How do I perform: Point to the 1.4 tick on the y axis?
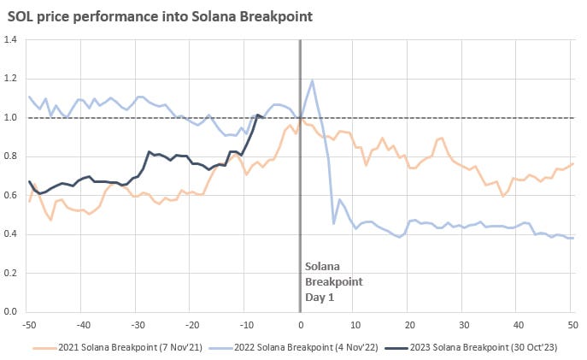11,40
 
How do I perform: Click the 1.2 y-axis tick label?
11,79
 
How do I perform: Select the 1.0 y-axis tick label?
11,118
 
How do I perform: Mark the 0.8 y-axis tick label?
11,156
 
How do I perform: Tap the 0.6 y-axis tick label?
11,195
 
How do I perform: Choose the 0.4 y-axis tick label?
11,234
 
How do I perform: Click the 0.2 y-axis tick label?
11,273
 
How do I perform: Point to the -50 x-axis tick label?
28,324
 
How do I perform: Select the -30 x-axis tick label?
138,324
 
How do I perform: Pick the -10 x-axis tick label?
245,324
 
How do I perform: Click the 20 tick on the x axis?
408,324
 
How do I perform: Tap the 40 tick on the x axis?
517,324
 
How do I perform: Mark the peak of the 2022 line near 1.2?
313,81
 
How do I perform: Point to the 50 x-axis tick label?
571,324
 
